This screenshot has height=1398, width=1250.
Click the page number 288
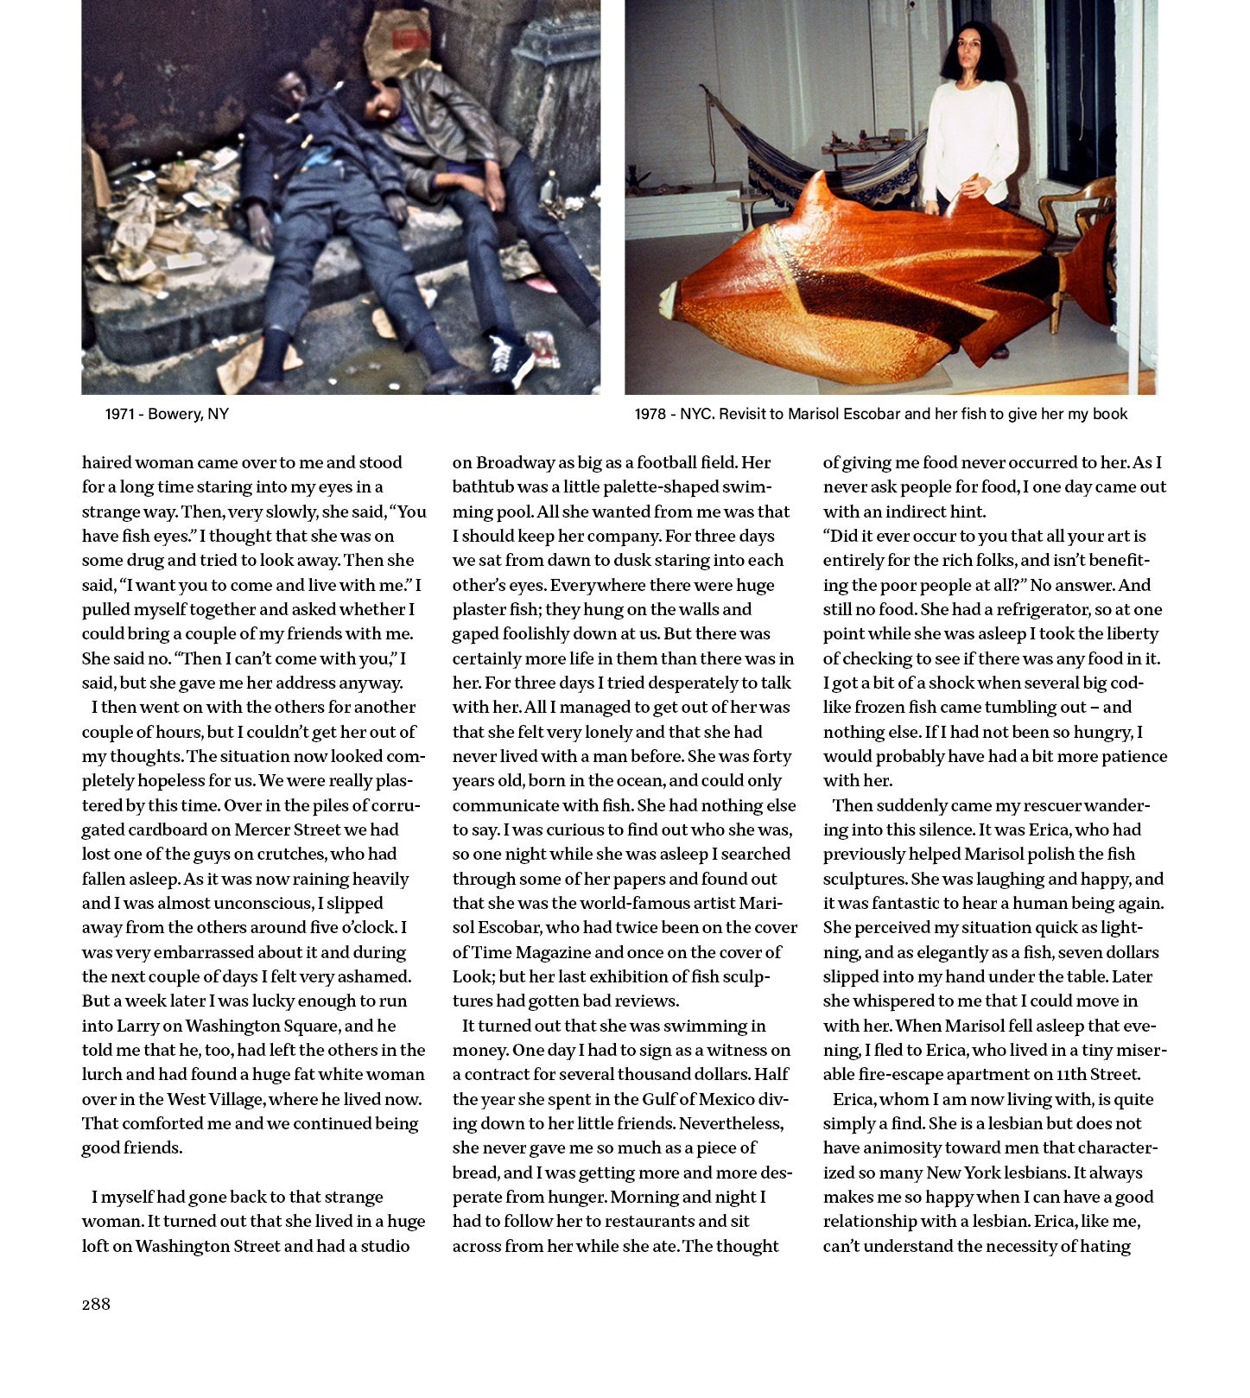tap(96, 1305)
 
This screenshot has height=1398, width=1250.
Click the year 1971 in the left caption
tap(119, 414)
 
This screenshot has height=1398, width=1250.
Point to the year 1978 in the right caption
tap(650, 414)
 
